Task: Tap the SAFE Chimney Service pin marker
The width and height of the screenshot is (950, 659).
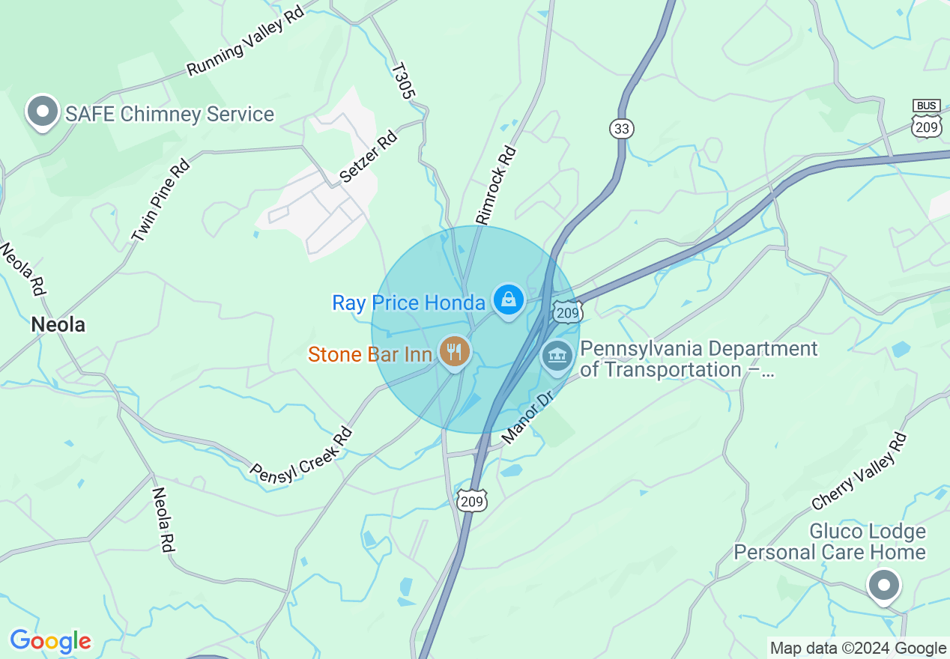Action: pos(43,112)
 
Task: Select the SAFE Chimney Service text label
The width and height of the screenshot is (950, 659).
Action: pos(169,115)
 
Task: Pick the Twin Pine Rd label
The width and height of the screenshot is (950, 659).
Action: pos(160,199)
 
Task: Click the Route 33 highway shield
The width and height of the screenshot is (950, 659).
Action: pos(621,128)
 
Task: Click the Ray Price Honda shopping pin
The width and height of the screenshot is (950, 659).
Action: pos(509,300)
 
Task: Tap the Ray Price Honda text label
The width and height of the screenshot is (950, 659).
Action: pos(409,303)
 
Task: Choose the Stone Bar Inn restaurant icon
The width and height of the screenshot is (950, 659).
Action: pos(454,350)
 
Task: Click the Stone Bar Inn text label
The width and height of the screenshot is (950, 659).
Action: pos(370,354)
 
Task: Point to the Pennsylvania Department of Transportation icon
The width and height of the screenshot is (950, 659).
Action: pos(557,355)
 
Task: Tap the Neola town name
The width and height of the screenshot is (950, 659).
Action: pos(58,324)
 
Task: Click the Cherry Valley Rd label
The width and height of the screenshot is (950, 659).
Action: pos(859,473)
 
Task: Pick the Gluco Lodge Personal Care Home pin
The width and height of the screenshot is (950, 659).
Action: pos(884,585)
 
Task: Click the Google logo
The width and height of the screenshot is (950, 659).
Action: pos(50,641)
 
